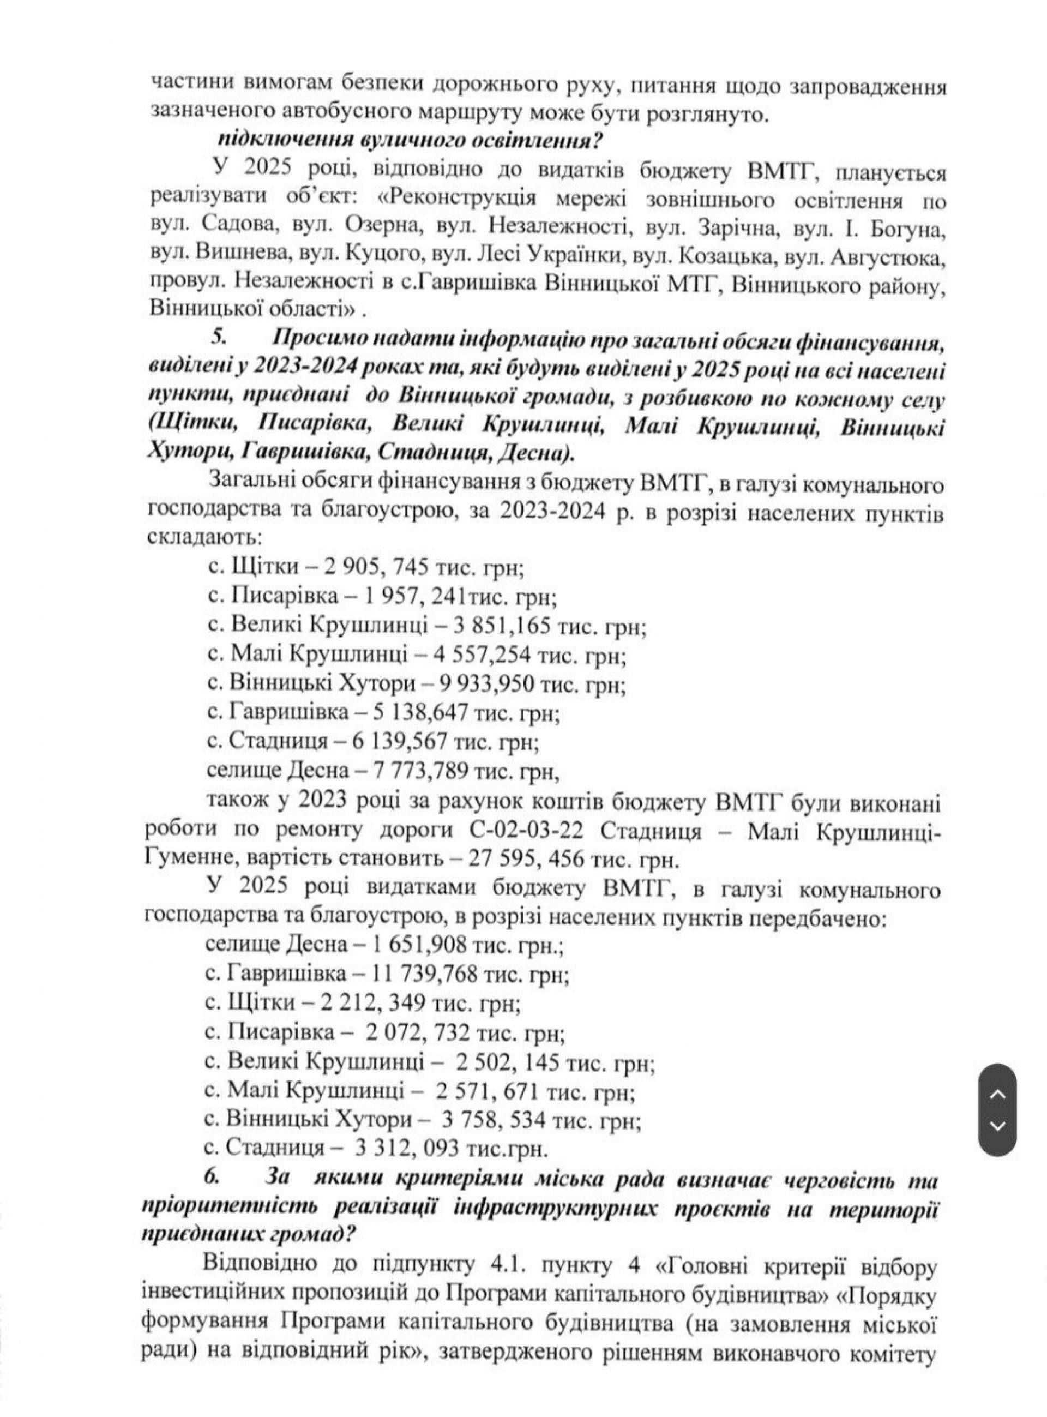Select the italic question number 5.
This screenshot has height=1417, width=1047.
point(218,337)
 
